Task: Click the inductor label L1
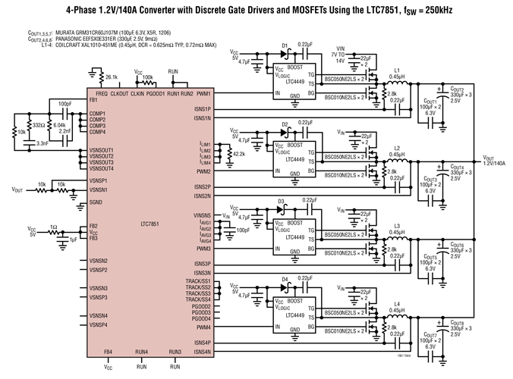click(396, 69)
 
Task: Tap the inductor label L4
click(396, 304)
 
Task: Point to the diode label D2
click(285, 123)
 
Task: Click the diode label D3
click(281, 202)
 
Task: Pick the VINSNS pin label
click(201, 216)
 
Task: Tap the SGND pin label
click(96, 202)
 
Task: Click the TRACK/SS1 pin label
click(197, 282)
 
